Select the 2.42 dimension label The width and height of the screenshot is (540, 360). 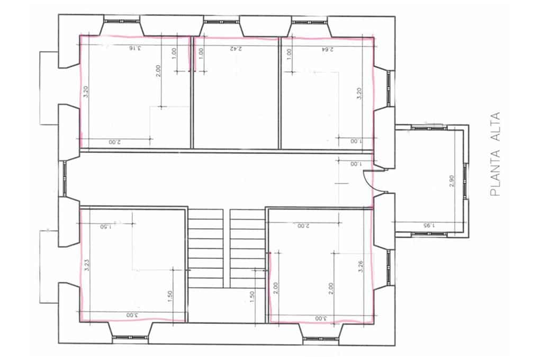click(236, 48)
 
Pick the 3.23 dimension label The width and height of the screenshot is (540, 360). click(86, 265)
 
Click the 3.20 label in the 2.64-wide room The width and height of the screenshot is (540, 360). click(360, 94)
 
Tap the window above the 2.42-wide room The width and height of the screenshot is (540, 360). click(221, 22)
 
